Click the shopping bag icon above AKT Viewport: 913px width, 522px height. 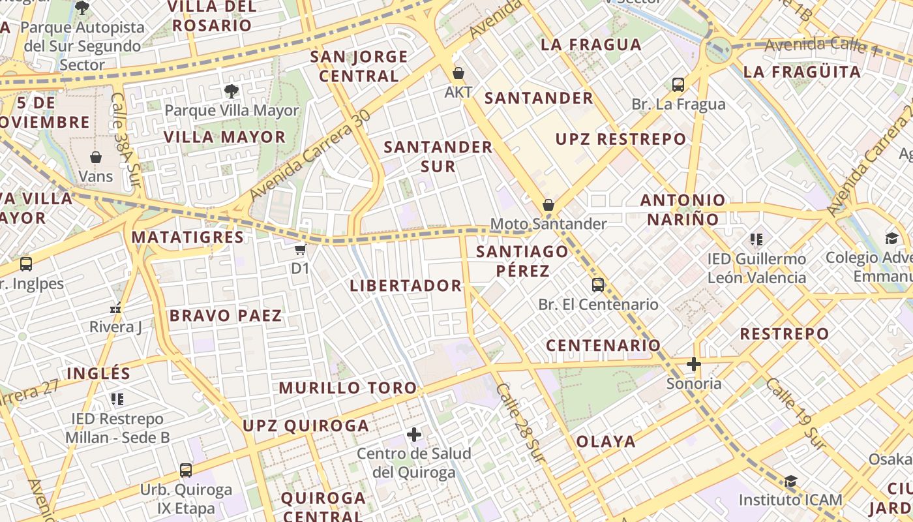(458, 72)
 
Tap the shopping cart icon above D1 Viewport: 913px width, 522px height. (300, 249)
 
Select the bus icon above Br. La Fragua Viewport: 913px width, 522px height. (678, 84)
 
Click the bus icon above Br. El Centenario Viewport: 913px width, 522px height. (598, 284)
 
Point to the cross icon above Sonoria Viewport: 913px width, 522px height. (693, 364)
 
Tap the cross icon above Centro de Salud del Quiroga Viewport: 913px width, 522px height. (414, 434)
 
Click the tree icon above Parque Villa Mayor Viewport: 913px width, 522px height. (231, 91)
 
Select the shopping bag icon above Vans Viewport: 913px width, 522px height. (96, 157)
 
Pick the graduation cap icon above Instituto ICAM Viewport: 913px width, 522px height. (790, 482)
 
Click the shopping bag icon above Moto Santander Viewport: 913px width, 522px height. (548, 205)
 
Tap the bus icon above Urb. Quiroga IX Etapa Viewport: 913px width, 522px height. (186, 470)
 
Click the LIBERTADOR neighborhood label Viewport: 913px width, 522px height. (406, 286)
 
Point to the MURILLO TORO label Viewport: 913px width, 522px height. (348, 388)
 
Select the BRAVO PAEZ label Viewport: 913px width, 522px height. (226, 316)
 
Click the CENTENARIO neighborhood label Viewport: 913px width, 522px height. (603, 345)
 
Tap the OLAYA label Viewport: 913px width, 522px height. (606, 442)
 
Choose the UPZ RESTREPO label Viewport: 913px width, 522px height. (620, 139)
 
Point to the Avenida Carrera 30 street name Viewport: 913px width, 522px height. (310, 155)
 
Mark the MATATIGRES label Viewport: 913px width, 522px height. (188, 237)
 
